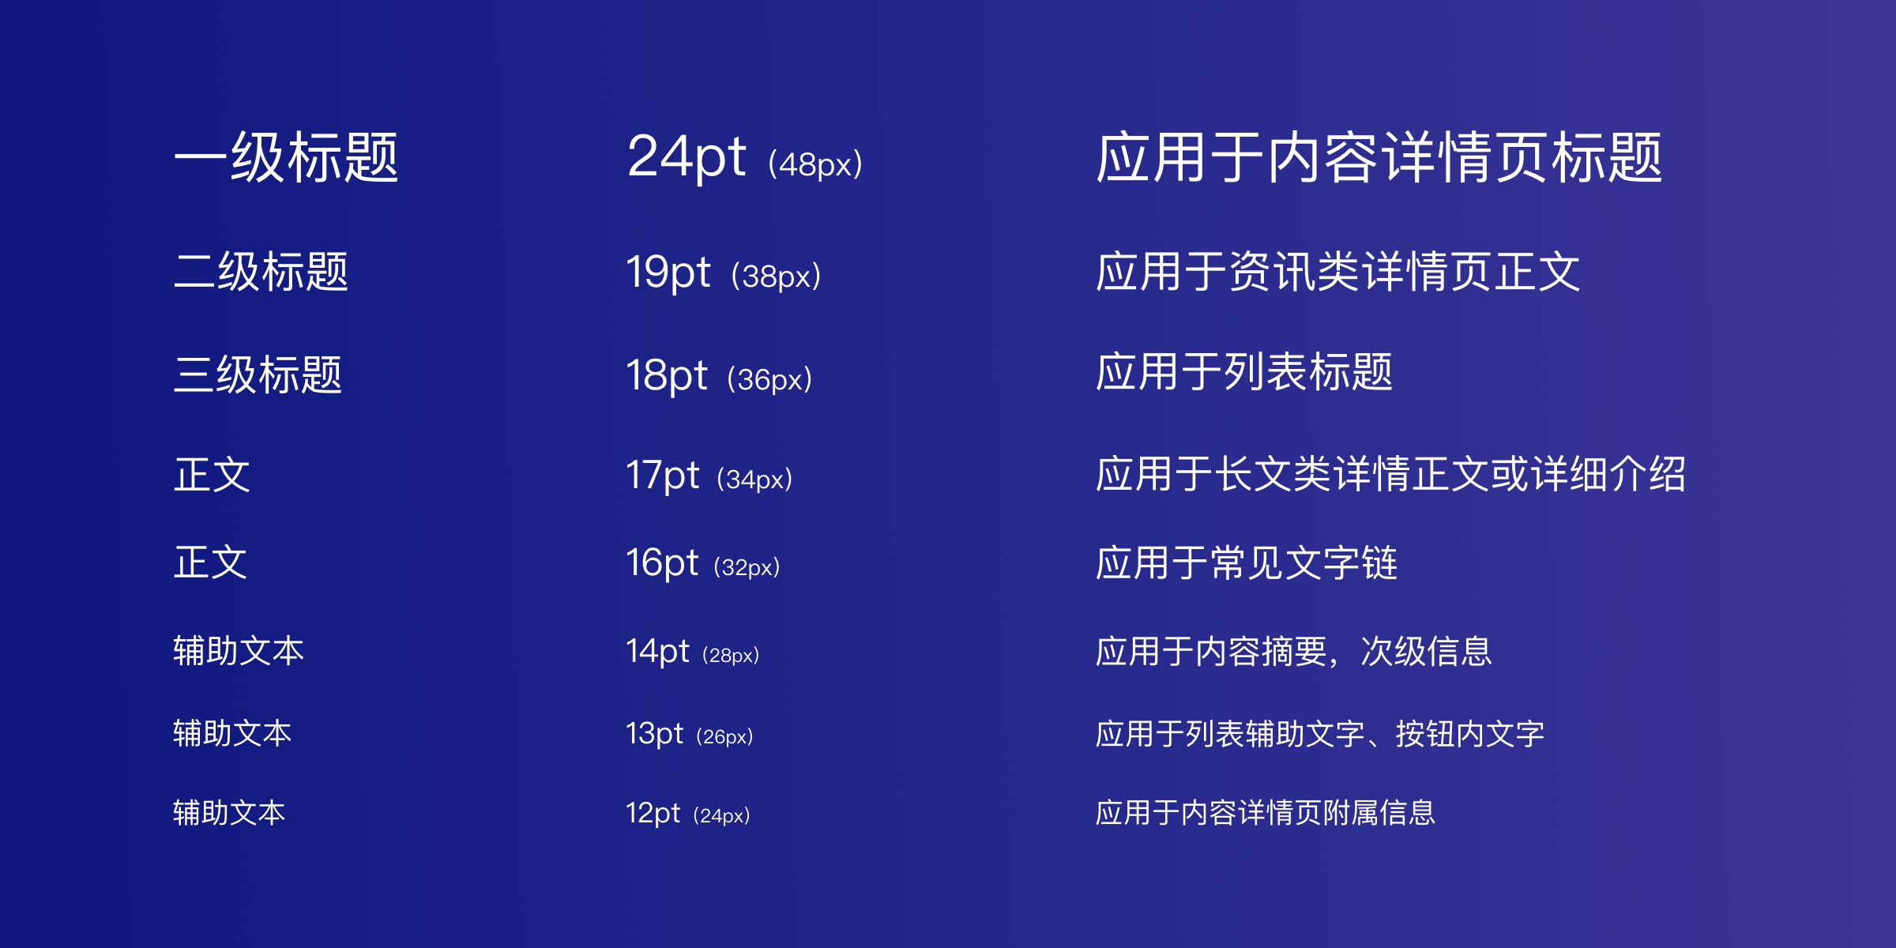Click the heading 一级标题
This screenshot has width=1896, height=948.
[x=286, y=158]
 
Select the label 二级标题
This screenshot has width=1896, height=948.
[x=261, y=272]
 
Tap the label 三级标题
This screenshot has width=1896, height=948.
[x=258, y=374]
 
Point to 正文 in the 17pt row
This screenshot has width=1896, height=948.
[x=212, y=475]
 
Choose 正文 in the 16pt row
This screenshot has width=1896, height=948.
[x=210, y=562]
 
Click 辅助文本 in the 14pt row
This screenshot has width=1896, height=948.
[x=239, y=651]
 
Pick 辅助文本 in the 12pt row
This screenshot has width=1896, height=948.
[x=229, y=813]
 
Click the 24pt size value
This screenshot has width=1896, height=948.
[x=686, y=157]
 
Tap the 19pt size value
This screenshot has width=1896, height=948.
[x=668, y=273]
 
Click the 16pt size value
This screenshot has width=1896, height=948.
[x=662, y=563]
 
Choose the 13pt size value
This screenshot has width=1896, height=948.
[x=654, y=734]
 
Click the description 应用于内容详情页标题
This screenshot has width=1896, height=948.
[x=1379, y=158]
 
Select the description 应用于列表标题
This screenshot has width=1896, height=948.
[x=1244, y=372]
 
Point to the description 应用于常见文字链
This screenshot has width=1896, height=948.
[x=1247, y=563]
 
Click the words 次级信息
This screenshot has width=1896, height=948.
[x=1426, y=652]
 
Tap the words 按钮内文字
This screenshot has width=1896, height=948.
[x=1470, y=734]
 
